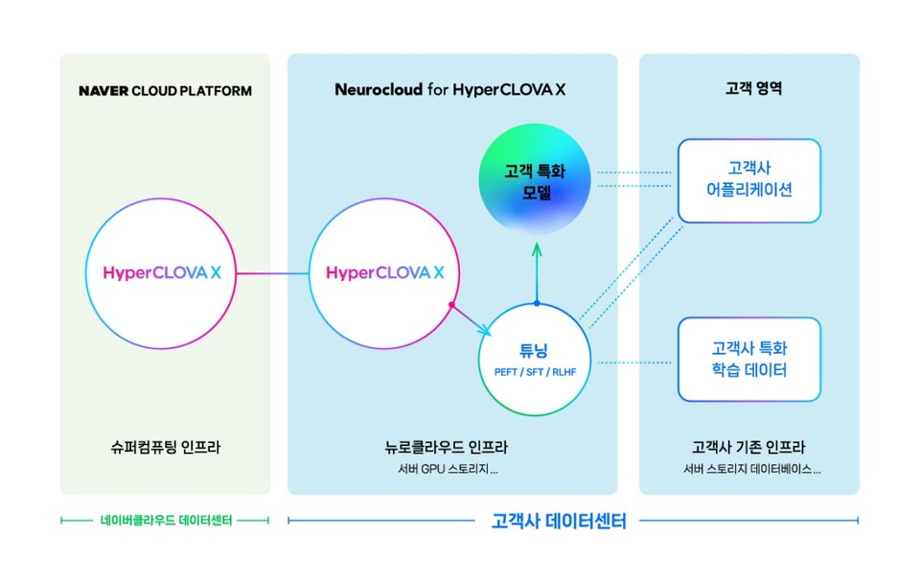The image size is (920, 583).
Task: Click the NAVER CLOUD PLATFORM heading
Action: (x=165, y=91)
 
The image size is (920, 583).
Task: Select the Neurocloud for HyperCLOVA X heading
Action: (x=450, y=90)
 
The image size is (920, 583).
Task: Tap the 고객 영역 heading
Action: (x=748, y=90)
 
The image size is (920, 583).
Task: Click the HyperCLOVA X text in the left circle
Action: (x=163, y=273)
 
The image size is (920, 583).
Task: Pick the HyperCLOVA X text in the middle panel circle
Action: (x=385, y=273)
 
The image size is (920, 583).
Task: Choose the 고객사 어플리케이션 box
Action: (x=748, y=180)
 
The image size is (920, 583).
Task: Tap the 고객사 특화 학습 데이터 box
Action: (x=748, y=359)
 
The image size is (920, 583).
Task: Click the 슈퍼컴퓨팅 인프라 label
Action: (x=165, y=447)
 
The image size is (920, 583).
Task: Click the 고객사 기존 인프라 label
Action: (x=748, y=447)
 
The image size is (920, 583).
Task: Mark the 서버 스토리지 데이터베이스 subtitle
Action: (x=748, y=469)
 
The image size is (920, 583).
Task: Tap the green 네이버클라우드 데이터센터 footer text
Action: (x=165, y=521)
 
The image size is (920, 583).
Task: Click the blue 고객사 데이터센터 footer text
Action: (x=558, y=522)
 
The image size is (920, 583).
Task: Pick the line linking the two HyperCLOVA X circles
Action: (x=274, y=274)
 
